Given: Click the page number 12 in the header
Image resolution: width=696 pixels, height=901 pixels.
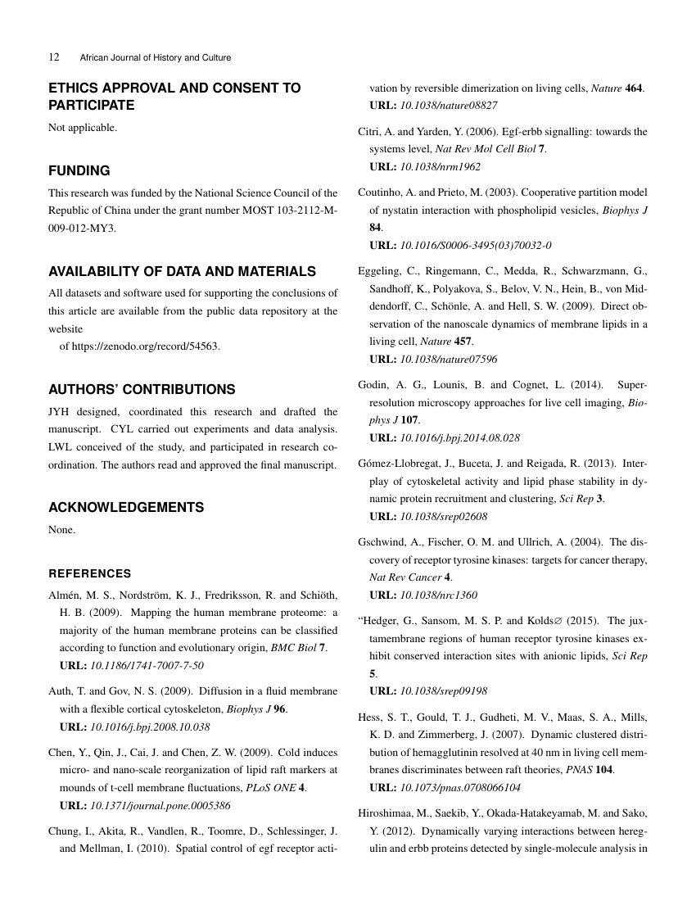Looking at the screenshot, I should tap(54, 57).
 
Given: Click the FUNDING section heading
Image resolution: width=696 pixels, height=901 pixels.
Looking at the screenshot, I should tap(79, 171).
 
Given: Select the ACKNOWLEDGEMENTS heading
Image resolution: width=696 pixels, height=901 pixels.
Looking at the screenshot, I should tap(126, 507).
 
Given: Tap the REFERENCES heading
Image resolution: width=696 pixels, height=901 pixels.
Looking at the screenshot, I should tap(90, 573).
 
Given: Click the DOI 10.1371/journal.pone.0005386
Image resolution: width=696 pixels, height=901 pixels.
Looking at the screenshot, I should tap(160, 805).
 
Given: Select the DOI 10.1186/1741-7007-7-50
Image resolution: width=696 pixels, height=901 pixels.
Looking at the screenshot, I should tap(147, 665).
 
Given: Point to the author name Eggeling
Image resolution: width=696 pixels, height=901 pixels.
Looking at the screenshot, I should tap(381, 270).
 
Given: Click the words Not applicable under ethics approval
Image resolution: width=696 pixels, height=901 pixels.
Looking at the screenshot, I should tap(83, 127).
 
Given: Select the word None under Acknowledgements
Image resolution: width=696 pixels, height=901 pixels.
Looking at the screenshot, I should tap(62, 529).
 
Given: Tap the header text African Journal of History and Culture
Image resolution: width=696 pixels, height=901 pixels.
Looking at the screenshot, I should tap(156, 57).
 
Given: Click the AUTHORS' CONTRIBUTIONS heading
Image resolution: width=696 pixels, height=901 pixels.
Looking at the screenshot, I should tap(142, 389).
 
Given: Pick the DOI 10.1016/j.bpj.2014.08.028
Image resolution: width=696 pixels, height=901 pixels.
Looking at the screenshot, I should tap(459, 438).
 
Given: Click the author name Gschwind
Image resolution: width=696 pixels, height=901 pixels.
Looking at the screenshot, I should tap(383, 541).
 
